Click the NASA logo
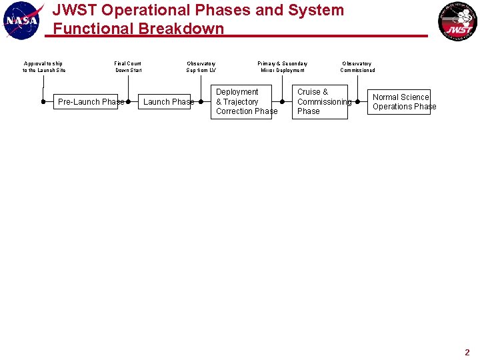[23, 20]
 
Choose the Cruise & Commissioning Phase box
[322, 101]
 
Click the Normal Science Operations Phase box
[399, 101]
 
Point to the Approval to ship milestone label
[44, 67]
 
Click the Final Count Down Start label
[128, 67]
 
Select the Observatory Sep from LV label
[201, 67]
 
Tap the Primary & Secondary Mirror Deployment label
[283, 67]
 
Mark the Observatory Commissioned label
[357, 67]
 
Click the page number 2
[467, 353]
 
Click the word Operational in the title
[131, 11]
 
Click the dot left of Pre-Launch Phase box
[43, 102]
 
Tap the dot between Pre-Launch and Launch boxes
[128, 102]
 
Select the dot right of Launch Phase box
[201, 102]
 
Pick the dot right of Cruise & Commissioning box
[358, 102]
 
